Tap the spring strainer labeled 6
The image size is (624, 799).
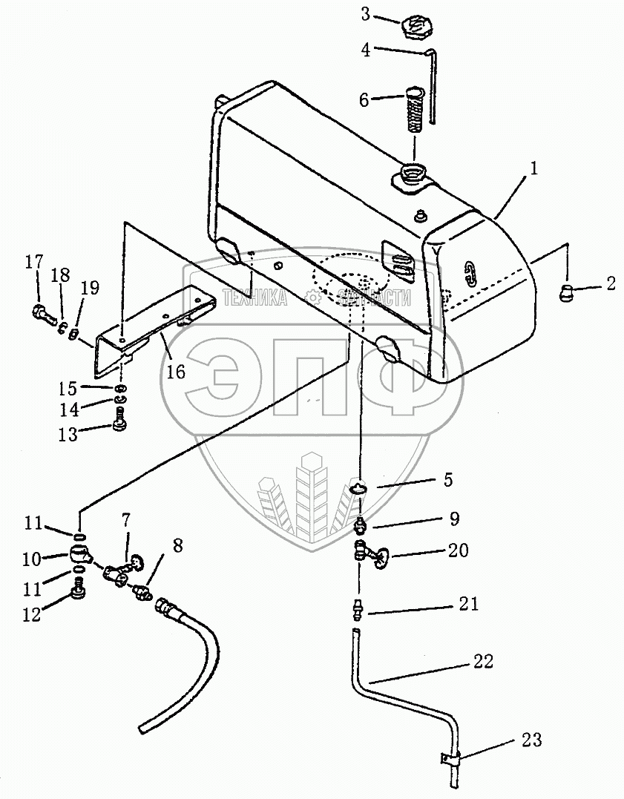[x=417, y=109]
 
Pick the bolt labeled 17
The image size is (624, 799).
[x=42, y=314]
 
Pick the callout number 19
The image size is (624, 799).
[x=89, y=289]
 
